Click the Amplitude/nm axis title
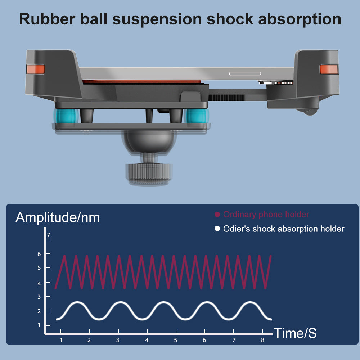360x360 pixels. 58,217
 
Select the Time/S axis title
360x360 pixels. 295,333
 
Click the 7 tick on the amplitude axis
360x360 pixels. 48,236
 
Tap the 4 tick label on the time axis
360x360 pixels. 147,340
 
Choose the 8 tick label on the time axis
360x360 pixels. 262,340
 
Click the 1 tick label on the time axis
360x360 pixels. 61,340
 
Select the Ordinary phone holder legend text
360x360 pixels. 266,215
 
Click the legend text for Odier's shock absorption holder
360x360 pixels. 284,229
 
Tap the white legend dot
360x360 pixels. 217,229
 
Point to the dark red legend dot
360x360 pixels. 217,215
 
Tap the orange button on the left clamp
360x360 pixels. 35,69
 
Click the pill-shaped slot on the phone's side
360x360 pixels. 245,74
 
